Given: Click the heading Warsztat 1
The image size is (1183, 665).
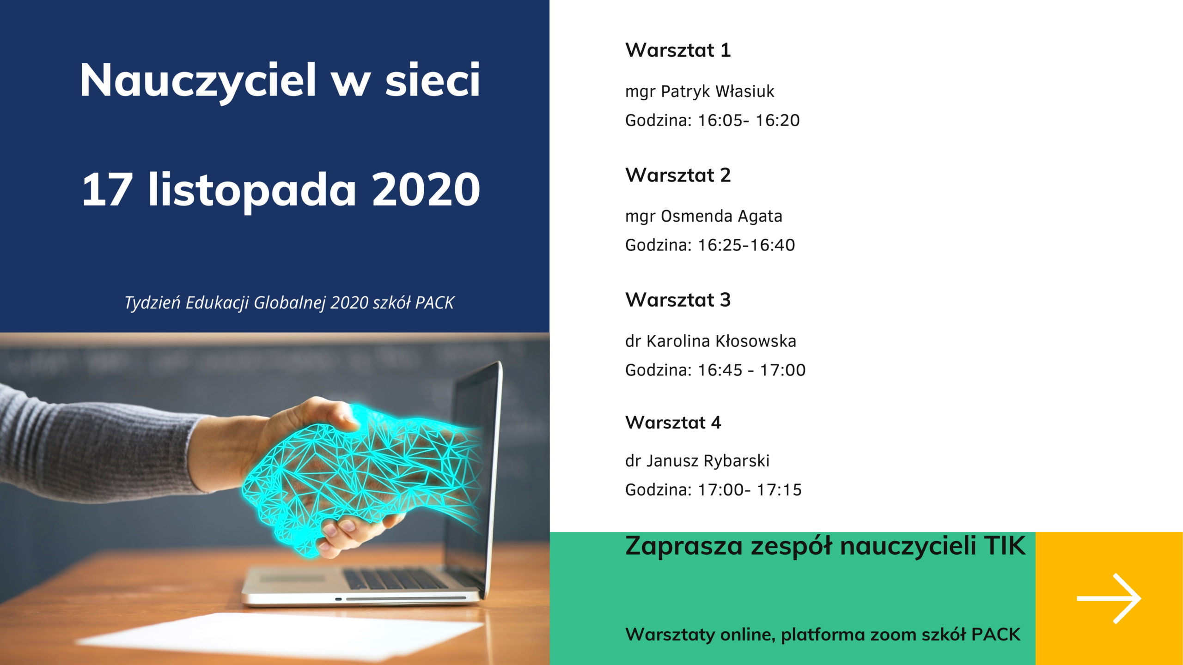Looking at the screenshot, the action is (678, 50).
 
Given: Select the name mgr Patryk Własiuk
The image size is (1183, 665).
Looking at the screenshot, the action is (700, 91).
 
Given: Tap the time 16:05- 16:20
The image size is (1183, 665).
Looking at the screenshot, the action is (749, 120).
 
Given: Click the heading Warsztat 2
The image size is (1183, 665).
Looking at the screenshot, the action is (678, 175).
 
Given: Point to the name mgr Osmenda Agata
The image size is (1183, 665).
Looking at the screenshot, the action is (704, 216).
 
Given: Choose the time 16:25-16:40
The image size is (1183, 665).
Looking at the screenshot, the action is (746, 245).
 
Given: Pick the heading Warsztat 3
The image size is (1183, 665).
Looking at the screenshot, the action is (678, 300).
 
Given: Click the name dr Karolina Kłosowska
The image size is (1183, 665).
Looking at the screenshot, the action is (711, 341).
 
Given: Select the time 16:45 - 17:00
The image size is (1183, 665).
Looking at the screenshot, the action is (752, 370).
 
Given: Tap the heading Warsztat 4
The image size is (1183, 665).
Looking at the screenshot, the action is (673, 422).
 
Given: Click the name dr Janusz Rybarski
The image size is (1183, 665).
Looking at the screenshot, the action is (697, 461).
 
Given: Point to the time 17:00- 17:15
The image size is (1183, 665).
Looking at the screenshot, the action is (750, 490).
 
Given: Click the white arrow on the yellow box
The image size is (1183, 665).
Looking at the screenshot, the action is (1109, 598).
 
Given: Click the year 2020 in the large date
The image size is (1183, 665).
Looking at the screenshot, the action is (426, 189).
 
